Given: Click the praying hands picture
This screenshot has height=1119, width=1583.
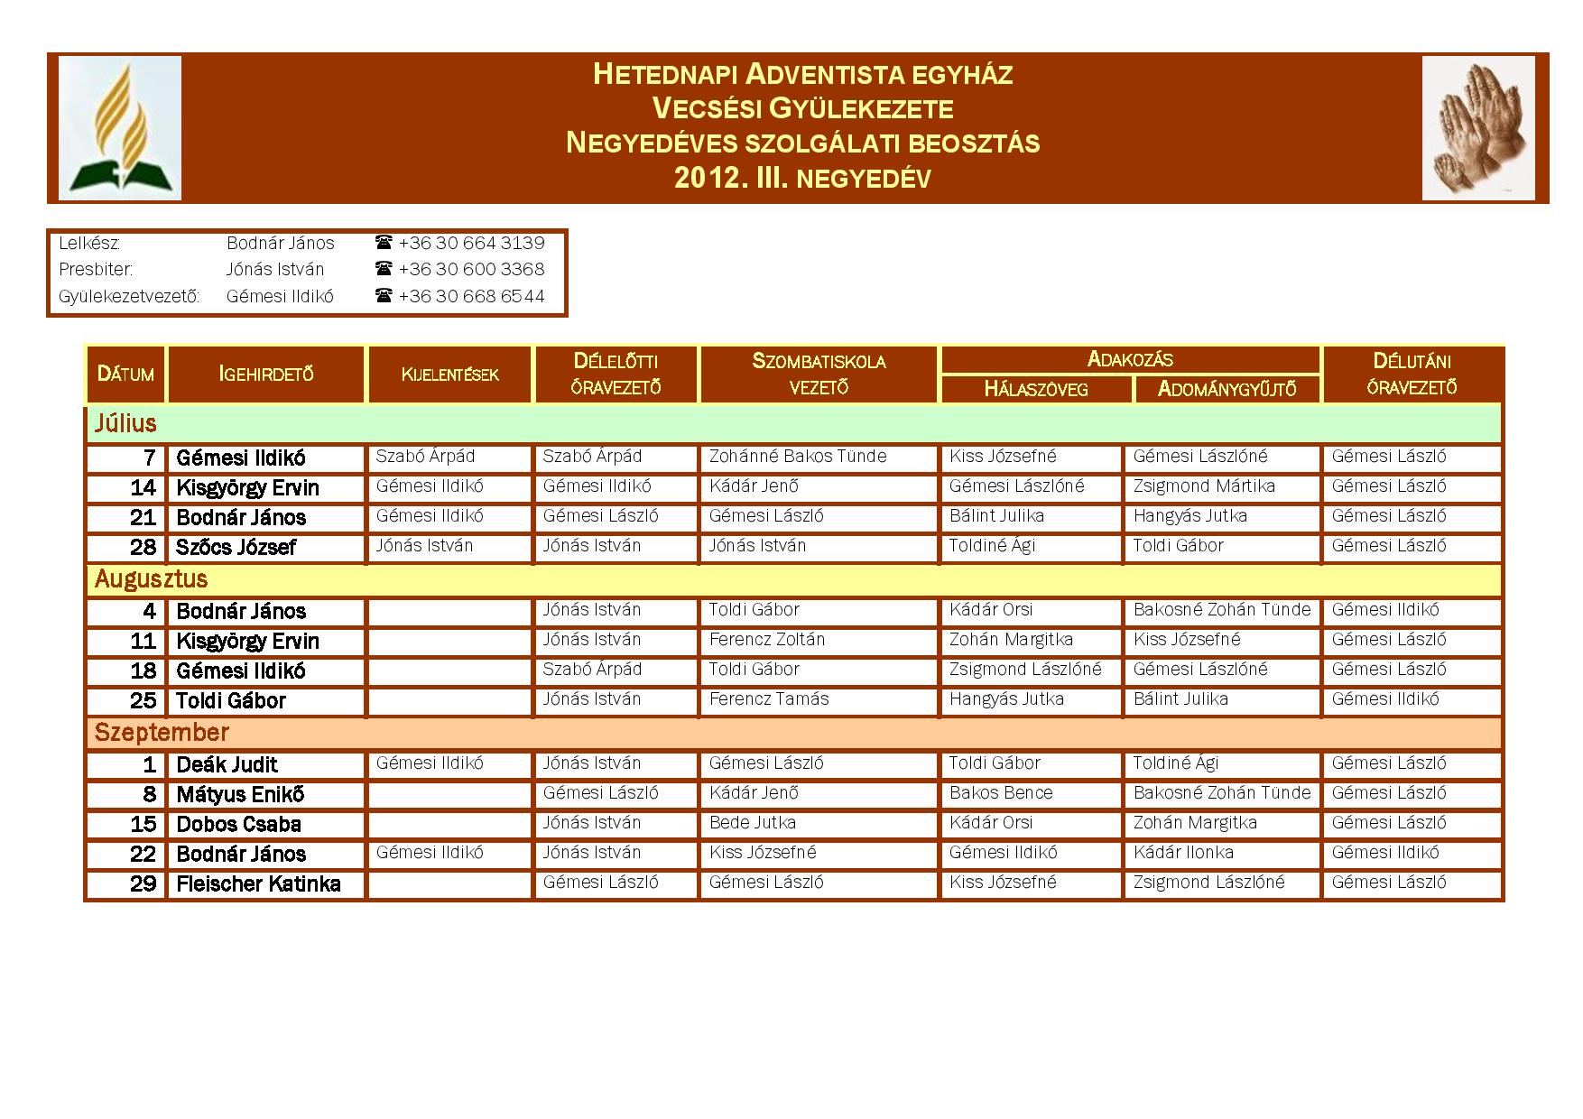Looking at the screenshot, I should coord(1477,127).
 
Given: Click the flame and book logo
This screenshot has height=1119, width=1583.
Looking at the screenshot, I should coord(120,127).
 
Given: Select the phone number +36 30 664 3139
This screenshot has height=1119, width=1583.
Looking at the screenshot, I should coord(471,243).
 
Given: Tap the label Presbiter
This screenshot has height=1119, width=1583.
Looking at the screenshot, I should coord(95,269).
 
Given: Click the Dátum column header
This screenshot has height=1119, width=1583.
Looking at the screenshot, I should coord(125,374).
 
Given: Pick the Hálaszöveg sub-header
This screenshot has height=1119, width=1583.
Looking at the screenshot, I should coord(1035,389).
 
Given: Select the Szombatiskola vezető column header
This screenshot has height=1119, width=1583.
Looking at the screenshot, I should coord(819,374).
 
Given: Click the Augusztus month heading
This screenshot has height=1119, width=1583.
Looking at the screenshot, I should coord(151,579).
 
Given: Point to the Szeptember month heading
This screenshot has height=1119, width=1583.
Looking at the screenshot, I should coord(162,732).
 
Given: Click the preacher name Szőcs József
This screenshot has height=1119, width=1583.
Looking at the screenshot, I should coord(236,548).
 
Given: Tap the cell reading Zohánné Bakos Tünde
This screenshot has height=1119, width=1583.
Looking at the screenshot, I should coord(797,457).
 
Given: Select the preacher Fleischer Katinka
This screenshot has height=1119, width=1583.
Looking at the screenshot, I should coord(258,884).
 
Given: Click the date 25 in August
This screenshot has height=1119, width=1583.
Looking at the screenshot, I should coord(143,701).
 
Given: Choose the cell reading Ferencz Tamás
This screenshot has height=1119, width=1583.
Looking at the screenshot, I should coord(768,699).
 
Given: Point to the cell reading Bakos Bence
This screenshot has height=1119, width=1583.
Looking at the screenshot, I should coord(1000,793).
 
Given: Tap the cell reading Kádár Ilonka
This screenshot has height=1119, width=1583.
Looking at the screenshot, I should coord(1182,853).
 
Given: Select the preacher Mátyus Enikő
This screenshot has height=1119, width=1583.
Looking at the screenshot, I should coord(240,795).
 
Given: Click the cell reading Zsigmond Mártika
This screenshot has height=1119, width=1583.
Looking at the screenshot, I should coord(1203,486).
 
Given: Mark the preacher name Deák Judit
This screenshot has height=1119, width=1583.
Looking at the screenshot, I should coord(227,765).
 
